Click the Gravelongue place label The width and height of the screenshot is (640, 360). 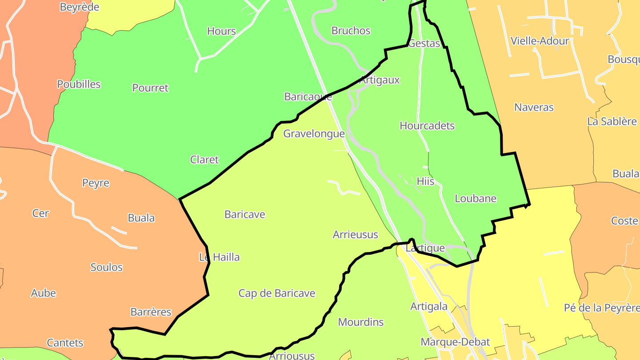click(x=314, y=133)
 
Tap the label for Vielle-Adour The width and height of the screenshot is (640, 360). click(x=540, y=41)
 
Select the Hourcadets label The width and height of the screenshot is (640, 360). click(x=427, y=126)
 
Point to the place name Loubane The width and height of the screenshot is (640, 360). click(x=476, y=199)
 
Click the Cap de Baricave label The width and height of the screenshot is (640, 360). click(x=277, y=293)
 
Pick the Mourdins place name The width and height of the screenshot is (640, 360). click(x=361, y=322)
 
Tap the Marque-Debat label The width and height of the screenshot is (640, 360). click(x=455, y=342)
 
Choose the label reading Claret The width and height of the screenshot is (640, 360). click(x=204, y=160)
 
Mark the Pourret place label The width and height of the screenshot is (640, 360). click(x=150, y=88)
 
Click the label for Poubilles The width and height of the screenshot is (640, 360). click(x=79, y=84)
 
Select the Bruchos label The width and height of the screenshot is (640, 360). click(x=351, y=31)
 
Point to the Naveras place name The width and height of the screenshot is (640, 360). click(x=534, y=107)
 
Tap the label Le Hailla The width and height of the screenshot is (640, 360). click(x=219, y=257)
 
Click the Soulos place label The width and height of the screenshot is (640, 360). click(x=107, y=267)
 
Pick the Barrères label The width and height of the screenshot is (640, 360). click(x=151, y=312)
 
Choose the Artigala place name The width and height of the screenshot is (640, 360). click(x=429, y=307)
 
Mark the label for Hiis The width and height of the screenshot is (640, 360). click(x=425, y=181)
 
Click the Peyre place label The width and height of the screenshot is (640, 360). click(x=96, y=183)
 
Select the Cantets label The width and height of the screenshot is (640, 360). click(x=65, y=343)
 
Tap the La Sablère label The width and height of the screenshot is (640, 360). click(x=612, y=121)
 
